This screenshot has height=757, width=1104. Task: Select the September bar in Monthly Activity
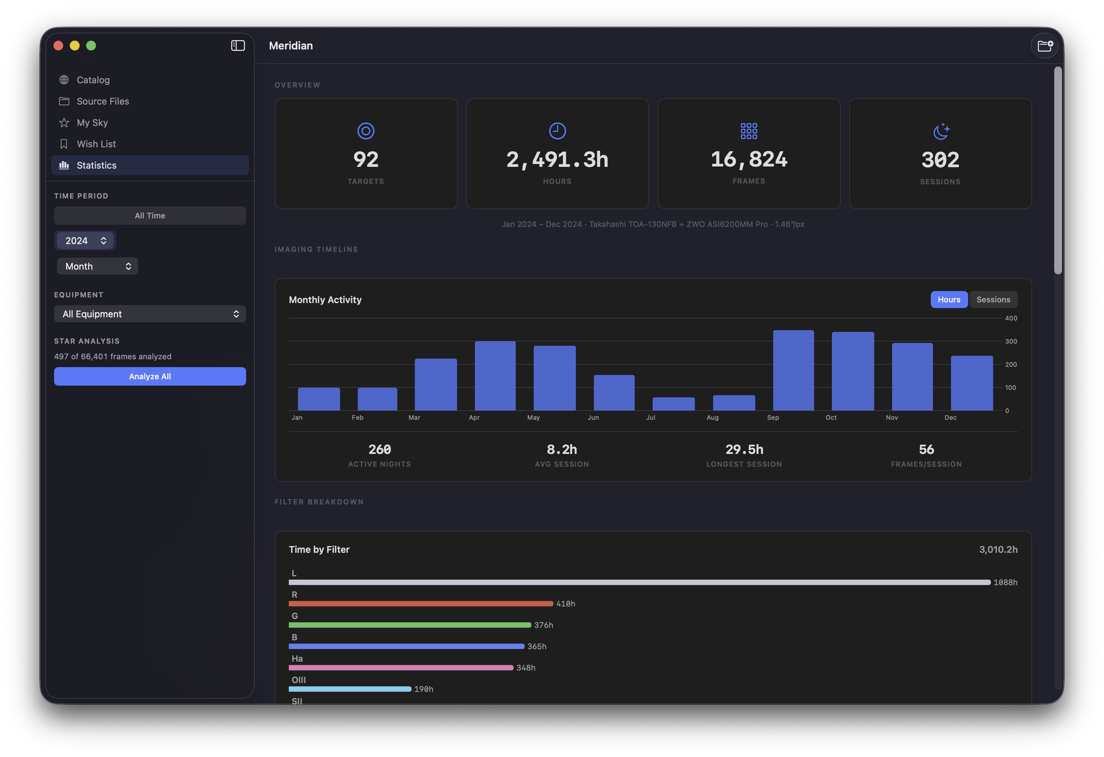click(x=793, y=370)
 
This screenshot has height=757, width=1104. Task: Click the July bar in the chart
click(x=673, y=404)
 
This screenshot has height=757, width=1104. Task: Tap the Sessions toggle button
click(x=993, y=299)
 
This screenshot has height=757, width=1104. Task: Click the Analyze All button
click(x=150, y=376)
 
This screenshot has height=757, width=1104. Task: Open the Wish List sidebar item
click(x=96, y=144)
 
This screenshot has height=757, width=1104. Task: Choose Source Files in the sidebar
click(x=102, y=101)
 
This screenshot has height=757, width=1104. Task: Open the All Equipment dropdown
click(x=150, y=314)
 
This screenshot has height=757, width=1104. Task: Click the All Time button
click(x=150, y=216)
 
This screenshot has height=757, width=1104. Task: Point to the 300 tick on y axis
click(x=1011, y=341)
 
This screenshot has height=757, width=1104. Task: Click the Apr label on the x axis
click(x=474, y=417)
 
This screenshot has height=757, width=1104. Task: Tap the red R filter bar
click(x=420, y=603)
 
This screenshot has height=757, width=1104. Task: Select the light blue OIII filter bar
click(x=350, y=689)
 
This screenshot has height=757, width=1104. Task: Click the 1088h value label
click(x=1005, y=582)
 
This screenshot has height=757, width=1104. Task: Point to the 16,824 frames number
click(x=749, y=159)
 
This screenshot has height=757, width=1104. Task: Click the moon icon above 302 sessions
click(x=941, y=131)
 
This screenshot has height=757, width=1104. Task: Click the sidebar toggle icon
click(x=238, y=45)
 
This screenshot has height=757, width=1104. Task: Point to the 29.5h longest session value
click(x=744, y=449)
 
